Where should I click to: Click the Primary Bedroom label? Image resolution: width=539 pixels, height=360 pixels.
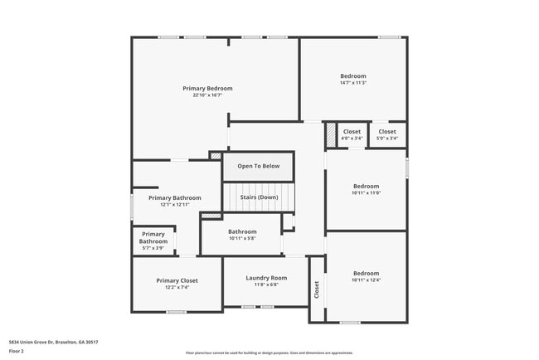pos(207,88)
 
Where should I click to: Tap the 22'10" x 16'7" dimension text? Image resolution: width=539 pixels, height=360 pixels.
pos(207,95)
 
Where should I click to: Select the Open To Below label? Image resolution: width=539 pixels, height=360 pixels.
pos(259,167)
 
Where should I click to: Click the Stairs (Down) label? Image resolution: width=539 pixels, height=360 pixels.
pos(259,197)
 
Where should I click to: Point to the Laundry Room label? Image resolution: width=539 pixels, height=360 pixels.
pos(266,278)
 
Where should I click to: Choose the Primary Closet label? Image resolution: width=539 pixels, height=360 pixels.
pos(177,280)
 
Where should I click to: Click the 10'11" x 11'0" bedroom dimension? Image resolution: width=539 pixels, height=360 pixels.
pos(366,193)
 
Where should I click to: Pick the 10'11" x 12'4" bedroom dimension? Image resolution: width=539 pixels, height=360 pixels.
pos(366,280)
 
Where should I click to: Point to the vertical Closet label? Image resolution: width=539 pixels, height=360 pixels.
pos(316,289)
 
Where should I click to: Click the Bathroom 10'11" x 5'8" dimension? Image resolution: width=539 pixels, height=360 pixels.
pos(243,239)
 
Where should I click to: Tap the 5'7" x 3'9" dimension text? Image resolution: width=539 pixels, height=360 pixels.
pos(153,248)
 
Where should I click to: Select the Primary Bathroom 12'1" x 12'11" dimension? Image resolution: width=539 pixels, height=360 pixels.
pos(175,205)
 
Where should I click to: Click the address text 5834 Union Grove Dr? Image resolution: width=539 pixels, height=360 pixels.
pos(53,342)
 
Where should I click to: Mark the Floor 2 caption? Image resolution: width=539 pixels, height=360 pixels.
pos(16,352)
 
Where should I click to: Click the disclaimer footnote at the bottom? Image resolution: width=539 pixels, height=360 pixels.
pos(269,353)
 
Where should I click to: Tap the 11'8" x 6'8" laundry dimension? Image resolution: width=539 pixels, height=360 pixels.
pos(266,285)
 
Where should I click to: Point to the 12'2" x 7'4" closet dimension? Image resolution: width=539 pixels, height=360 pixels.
pos(177,287)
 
